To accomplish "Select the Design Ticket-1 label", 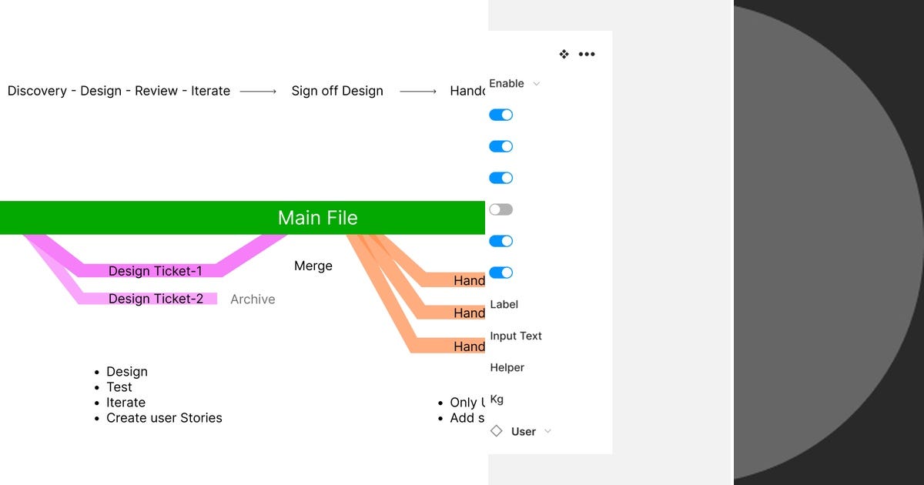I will [155, 271].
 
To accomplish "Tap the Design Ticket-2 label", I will [156, 299].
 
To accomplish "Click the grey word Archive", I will [253, 299].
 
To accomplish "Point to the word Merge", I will [313, 266].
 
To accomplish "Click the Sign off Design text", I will [337, 91].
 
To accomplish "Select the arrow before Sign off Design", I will [258, 92].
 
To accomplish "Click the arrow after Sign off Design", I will [418, 92].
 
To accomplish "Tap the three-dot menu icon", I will [587, 55].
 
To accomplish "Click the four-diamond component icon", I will [564, 55].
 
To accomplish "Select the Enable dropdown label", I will [507, 83].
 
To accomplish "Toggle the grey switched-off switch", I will [500, 209].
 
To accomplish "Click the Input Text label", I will [516, 336].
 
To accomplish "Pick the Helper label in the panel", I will [507, 367].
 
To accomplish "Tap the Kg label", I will [497, 400].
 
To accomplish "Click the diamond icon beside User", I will [497, 431].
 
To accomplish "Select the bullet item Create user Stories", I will [164, 418].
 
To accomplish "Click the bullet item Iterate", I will [126, 403].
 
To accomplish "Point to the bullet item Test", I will [119, 387].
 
